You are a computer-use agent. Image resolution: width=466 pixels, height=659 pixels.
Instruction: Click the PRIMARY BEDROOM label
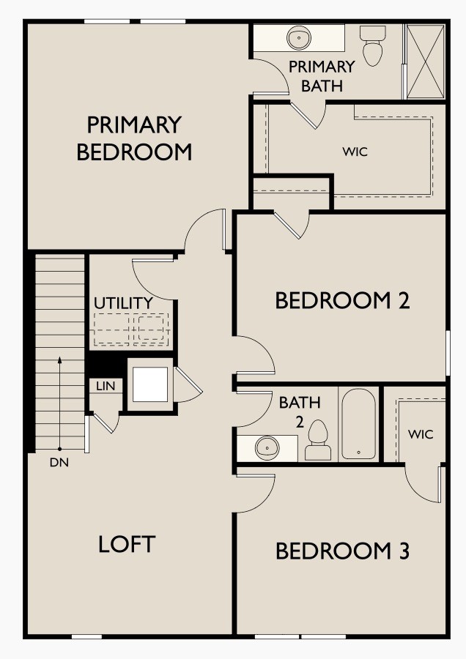134,138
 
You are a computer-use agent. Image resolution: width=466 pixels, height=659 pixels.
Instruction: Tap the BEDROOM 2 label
342,300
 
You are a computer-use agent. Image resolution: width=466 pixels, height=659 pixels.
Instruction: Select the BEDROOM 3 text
342,551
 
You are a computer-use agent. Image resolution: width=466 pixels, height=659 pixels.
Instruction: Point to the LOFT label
127,544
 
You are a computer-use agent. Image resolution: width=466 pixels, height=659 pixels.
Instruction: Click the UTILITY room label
123,302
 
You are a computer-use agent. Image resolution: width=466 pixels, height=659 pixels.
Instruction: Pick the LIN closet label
105,386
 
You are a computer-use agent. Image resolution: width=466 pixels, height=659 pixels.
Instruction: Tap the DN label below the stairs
59,463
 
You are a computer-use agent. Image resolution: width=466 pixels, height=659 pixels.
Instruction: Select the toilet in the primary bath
374,45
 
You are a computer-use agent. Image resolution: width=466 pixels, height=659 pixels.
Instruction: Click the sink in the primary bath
299,37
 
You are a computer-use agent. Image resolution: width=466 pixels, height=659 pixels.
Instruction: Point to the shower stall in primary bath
425,62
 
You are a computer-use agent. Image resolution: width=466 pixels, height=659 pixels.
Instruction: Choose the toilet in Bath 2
318,440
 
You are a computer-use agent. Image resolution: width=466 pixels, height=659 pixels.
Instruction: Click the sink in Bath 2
267,446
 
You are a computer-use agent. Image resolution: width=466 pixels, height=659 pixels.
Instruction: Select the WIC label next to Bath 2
420,434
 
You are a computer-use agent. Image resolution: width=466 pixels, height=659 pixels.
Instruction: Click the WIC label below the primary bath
355,152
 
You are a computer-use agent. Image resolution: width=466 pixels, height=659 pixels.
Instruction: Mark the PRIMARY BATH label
322,75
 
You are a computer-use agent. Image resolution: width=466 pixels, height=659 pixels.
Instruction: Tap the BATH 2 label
300,410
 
